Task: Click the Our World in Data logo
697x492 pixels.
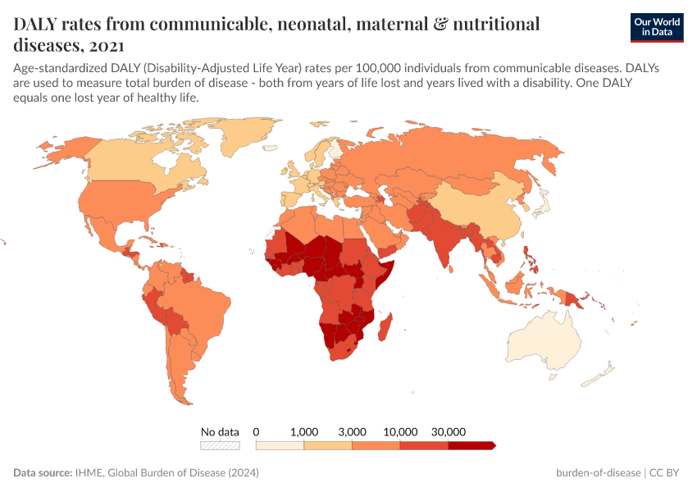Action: (x=656, y=27)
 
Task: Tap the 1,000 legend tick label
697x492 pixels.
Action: (x=304, y=431)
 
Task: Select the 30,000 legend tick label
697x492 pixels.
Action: (x=449, y=431)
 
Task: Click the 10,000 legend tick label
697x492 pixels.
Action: (x=400, y=431)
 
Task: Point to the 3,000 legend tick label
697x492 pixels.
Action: (x=353, y=431)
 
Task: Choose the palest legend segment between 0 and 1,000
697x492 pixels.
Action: (x=280, y=445)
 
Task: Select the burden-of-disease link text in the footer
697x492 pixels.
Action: (x=599, y=473)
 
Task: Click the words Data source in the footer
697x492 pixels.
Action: (x=42, y=473)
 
